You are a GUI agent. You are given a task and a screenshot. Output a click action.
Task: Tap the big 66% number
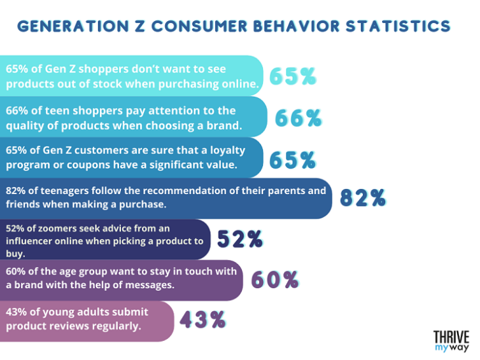tap(298, 118)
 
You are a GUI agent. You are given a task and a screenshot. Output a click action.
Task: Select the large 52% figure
tap(240, 240)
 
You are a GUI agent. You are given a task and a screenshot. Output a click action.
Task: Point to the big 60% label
tap(275, 280)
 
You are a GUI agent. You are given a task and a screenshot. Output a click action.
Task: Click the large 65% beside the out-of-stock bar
tap(293, 76)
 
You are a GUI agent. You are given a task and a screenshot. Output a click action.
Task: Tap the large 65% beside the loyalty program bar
tap(293, 159)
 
